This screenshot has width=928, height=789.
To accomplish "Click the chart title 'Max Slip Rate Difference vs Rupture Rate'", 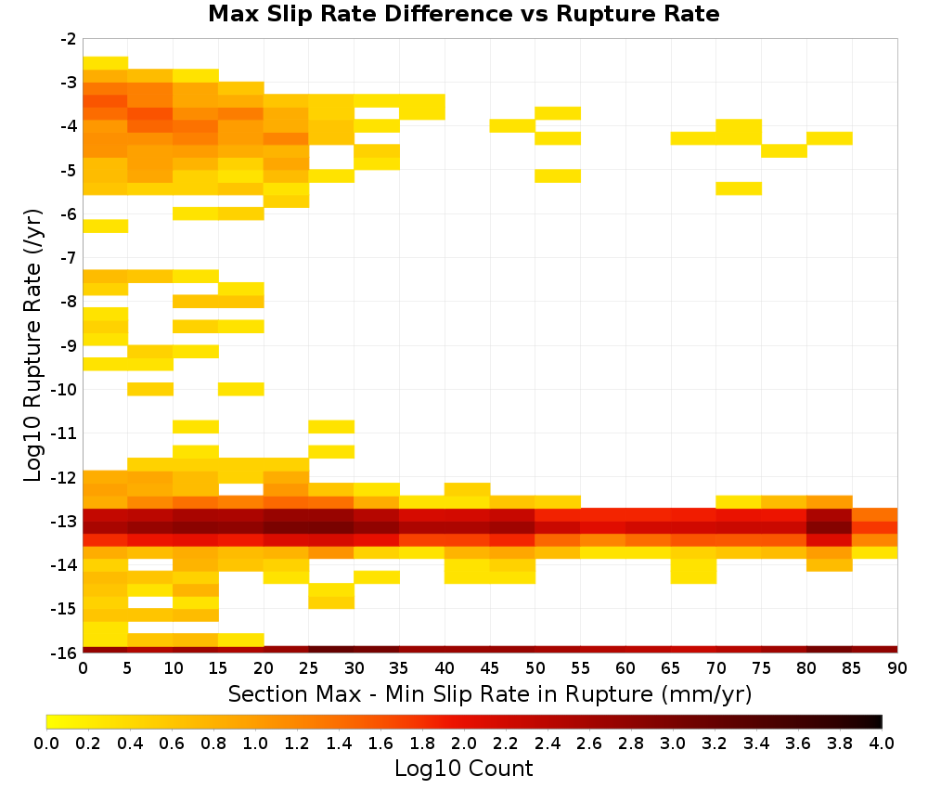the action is (x=463, y=14).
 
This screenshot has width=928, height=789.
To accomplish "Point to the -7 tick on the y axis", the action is (x=68, y=258).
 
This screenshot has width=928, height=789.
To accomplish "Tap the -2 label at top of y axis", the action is (x=68, y=39).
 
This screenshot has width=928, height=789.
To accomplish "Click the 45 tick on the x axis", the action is (x=489, y=668).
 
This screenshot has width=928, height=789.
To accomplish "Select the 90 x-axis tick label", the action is (x=897, y=668).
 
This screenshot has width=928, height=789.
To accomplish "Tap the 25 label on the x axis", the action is (x=308, y=668).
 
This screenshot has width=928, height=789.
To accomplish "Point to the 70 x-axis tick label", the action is (x=716, y=668).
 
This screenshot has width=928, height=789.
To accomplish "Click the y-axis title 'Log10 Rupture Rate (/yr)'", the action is (x=32, y=345).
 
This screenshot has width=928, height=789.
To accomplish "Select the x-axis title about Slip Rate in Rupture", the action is (x=490, y=693).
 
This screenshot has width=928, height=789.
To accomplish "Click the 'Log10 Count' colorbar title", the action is (x=463, y=769).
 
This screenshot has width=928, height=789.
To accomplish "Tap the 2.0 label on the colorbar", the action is (x=464, y=743).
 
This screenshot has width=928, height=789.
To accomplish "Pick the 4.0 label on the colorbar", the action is (x=882, y=743).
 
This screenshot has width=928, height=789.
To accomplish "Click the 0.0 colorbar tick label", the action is (x=46, y=743).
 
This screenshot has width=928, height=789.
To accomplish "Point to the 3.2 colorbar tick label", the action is (x=715, y=743).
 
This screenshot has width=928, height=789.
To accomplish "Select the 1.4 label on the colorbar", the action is (x=339, y=743).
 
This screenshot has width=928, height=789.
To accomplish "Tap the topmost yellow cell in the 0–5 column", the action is (x=106, y=63).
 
